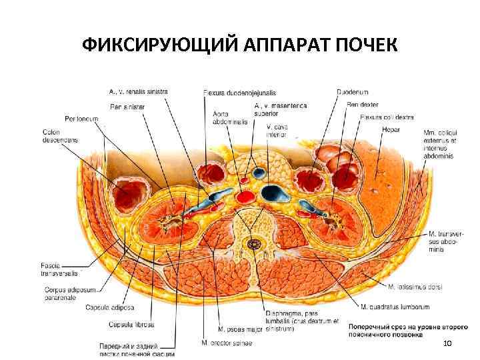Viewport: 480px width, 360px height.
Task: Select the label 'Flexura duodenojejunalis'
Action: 240,92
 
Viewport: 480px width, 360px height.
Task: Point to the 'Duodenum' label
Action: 351,92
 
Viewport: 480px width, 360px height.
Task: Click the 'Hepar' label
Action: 391,129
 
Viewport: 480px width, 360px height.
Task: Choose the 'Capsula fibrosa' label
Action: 132,325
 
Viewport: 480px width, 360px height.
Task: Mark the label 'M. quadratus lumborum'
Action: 395,307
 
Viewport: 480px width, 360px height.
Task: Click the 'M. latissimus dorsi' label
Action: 415,287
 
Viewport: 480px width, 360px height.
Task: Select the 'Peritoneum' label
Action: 81,119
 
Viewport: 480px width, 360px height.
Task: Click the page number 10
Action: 447,342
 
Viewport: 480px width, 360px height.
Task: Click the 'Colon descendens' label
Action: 60,136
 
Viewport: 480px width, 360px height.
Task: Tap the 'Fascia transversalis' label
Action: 59,269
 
